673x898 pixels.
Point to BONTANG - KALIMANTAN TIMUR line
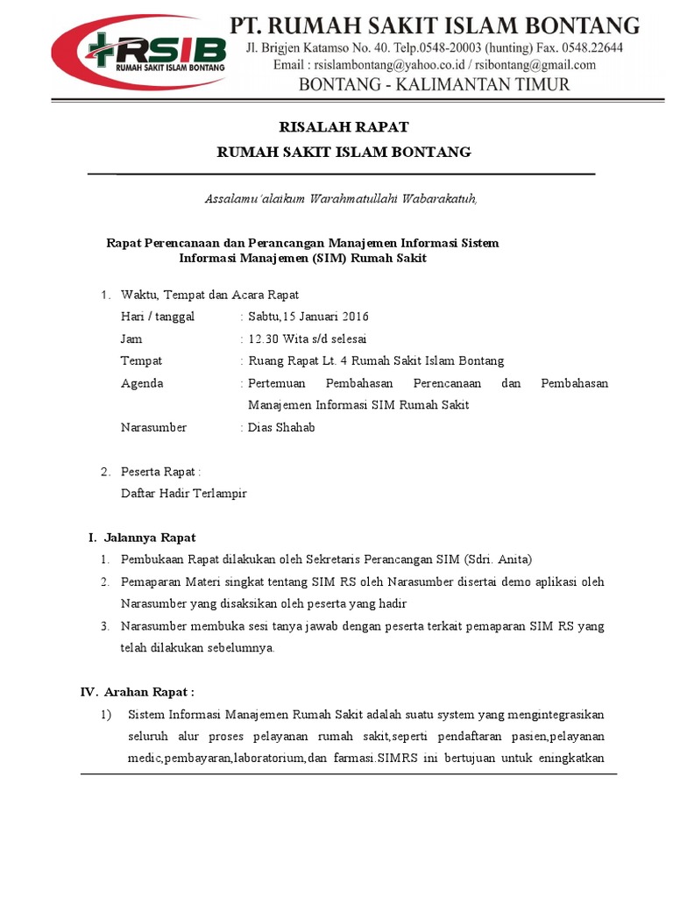tap(435, 85)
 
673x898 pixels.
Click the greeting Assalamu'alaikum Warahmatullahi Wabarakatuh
tap(341, 199)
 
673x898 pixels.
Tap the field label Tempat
tap(141, 360)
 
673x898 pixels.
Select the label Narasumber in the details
tap(153, 427)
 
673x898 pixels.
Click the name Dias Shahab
tap(281, 427)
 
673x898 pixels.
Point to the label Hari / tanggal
tap(158, 317)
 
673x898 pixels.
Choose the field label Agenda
tap(142, 383)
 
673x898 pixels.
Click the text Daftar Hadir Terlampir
tap(184, 493)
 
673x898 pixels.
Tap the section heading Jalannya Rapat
tap(150, 537)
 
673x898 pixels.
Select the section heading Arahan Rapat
tap(149, 692)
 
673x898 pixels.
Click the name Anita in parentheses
tap(512, 559)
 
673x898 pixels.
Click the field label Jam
tap(131, 339)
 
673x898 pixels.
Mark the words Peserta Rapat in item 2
tap(158, 472)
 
